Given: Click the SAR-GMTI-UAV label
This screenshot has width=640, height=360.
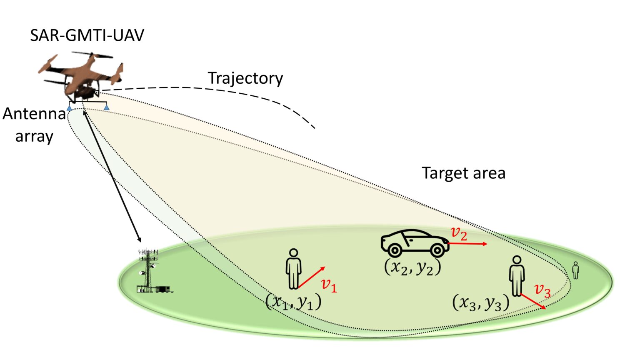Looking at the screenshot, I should (x=87, y=35).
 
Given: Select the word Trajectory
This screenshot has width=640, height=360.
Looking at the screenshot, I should (x=245, y=78).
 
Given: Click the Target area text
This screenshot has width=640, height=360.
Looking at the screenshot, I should (x=463, y=173).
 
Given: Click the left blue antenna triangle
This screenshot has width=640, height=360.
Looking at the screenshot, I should (x=69, y=108).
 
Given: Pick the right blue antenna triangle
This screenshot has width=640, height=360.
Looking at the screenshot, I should (x=107, y=107).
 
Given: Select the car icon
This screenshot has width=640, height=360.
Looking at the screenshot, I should (x=415, y=243).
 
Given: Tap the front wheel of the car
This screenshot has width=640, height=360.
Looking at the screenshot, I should (x=437, y=250).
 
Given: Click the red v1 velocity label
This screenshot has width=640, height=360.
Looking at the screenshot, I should (x=329, y=285).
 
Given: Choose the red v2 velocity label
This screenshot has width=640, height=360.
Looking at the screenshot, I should (x=459, y=233).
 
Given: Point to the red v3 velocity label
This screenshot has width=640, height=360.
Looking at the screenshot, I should (x=542, y=290).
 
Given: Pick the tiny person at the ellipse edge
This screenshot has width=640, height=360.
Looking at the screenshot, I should (x=576, y=270).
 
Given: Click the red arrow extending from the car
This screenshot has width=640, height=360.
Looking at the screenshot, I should (x=467, y=244).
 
